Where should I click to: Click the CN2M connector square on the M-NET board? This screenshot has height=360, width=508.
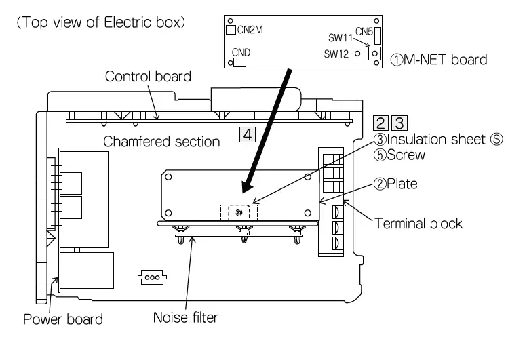pyautogui.click(x=229, y=29)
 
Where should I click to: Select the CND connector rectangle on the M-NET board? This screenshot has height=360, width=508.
pyautogui.click(x=240, y=62)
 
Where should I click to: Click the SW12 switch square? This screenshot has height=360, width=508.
pyautogui.click(x=355, y=54)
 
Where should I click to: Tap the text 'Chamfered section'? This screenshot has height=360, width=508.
pyautogui.click(x=161, y=142)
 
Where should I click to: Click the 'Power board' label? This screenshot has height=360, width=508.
pyautogui.click(x=63, y=319)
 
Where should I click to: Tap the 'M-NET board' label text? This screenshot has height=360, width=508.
pyautogui.click(x=442, y=60)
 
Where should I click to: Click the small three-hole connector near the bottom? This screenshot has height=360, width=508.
pyautogui.click(x=149, y=277)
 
